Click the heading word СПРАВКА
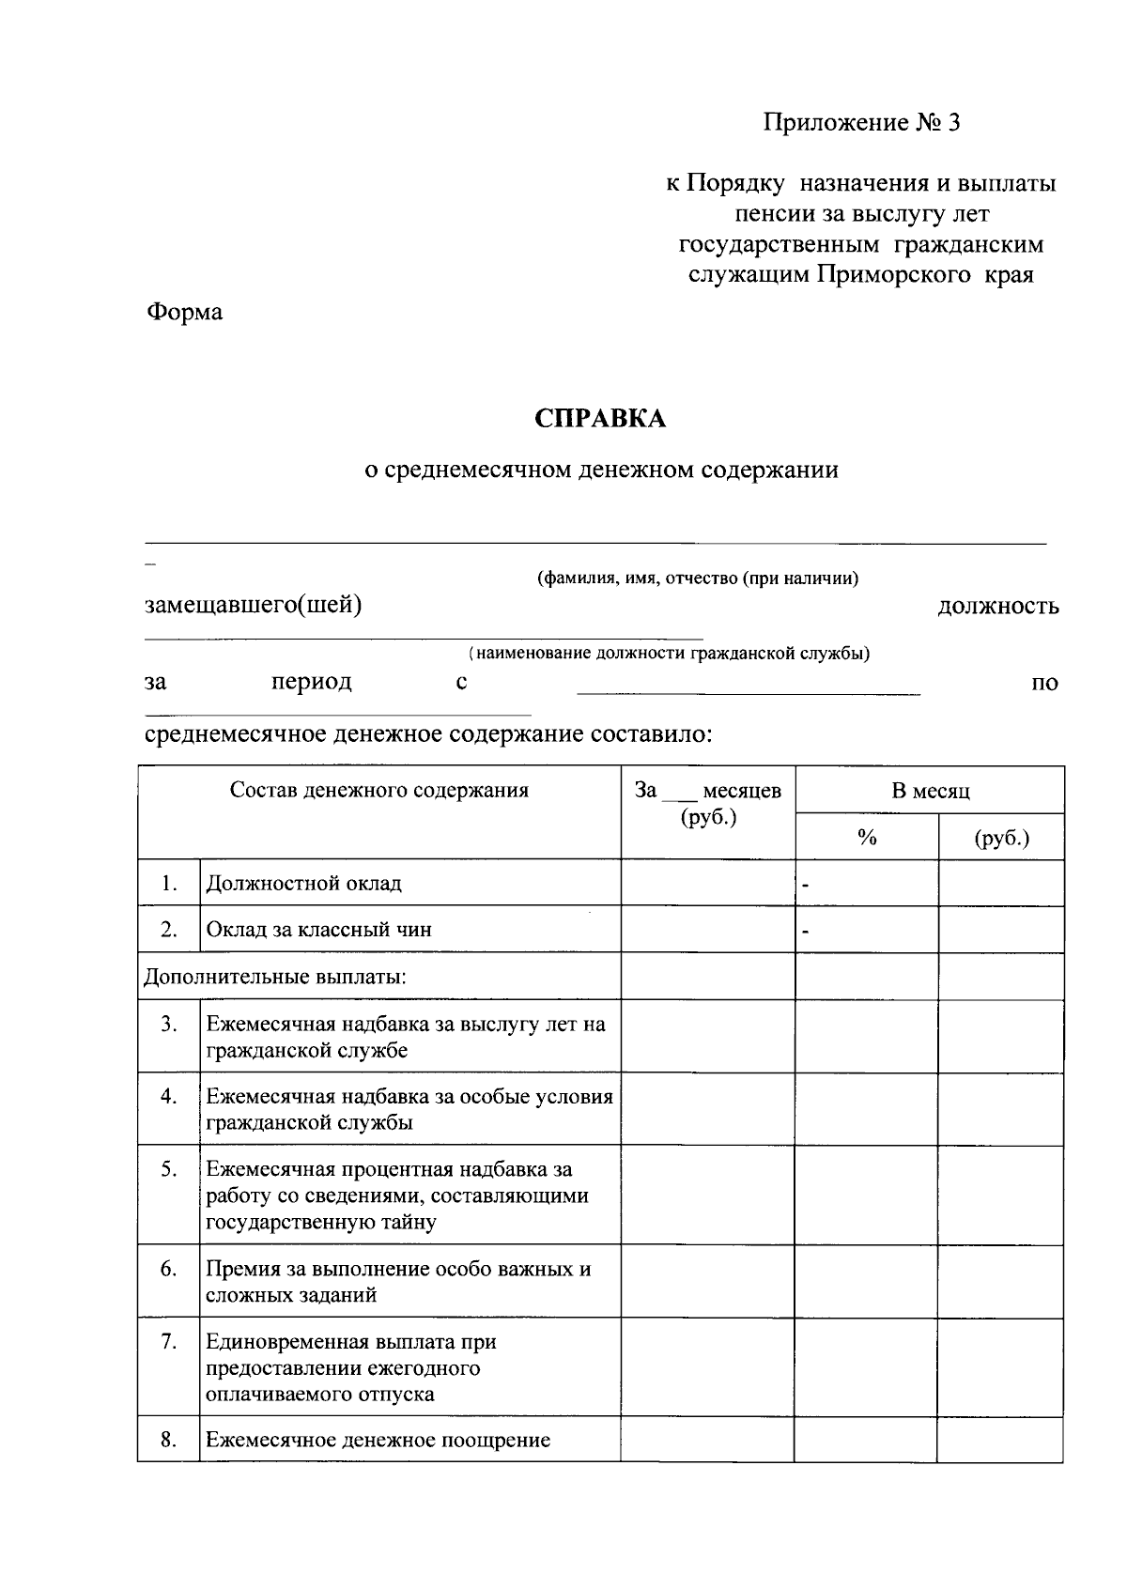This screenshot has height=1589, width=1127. [600, 419]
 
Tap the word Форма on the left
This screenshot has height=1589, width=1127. [184, 312]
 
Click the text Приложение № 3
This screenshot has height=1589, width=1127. [861, 123]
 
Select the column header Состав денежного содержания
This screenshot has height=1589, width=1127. [379, 791]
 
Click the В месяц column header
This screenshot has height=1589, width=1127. [930, 791]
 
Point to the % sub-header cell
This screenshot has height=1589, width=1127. [866, 838]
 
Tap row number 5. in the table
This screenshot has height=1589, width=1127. [169, 1169]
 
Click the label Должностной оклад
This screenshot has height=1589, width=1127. [303, 884]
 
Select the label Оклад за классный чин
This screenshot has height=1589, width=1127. [318, 930]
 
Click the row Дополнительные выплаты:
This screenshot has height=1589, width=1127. [274, 977]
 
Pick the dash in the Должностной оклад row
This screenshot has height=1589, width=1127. [805, 885]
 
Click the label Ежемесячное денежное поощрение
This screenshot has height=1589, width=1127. [378, 1440]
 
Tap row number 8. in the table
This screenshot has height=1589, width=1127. [169, 1440]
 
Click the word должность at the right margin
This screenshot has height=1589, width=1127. [998, 607]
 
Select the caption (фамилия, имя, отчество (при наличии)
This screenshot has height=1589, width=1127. [697, 579]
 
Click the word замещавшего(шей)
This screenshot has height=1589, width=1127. [253, 606]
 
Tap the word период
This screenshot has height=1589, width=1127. [311, 682]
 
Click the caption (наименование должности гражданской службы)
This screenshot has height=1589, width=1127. [669, 654]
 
